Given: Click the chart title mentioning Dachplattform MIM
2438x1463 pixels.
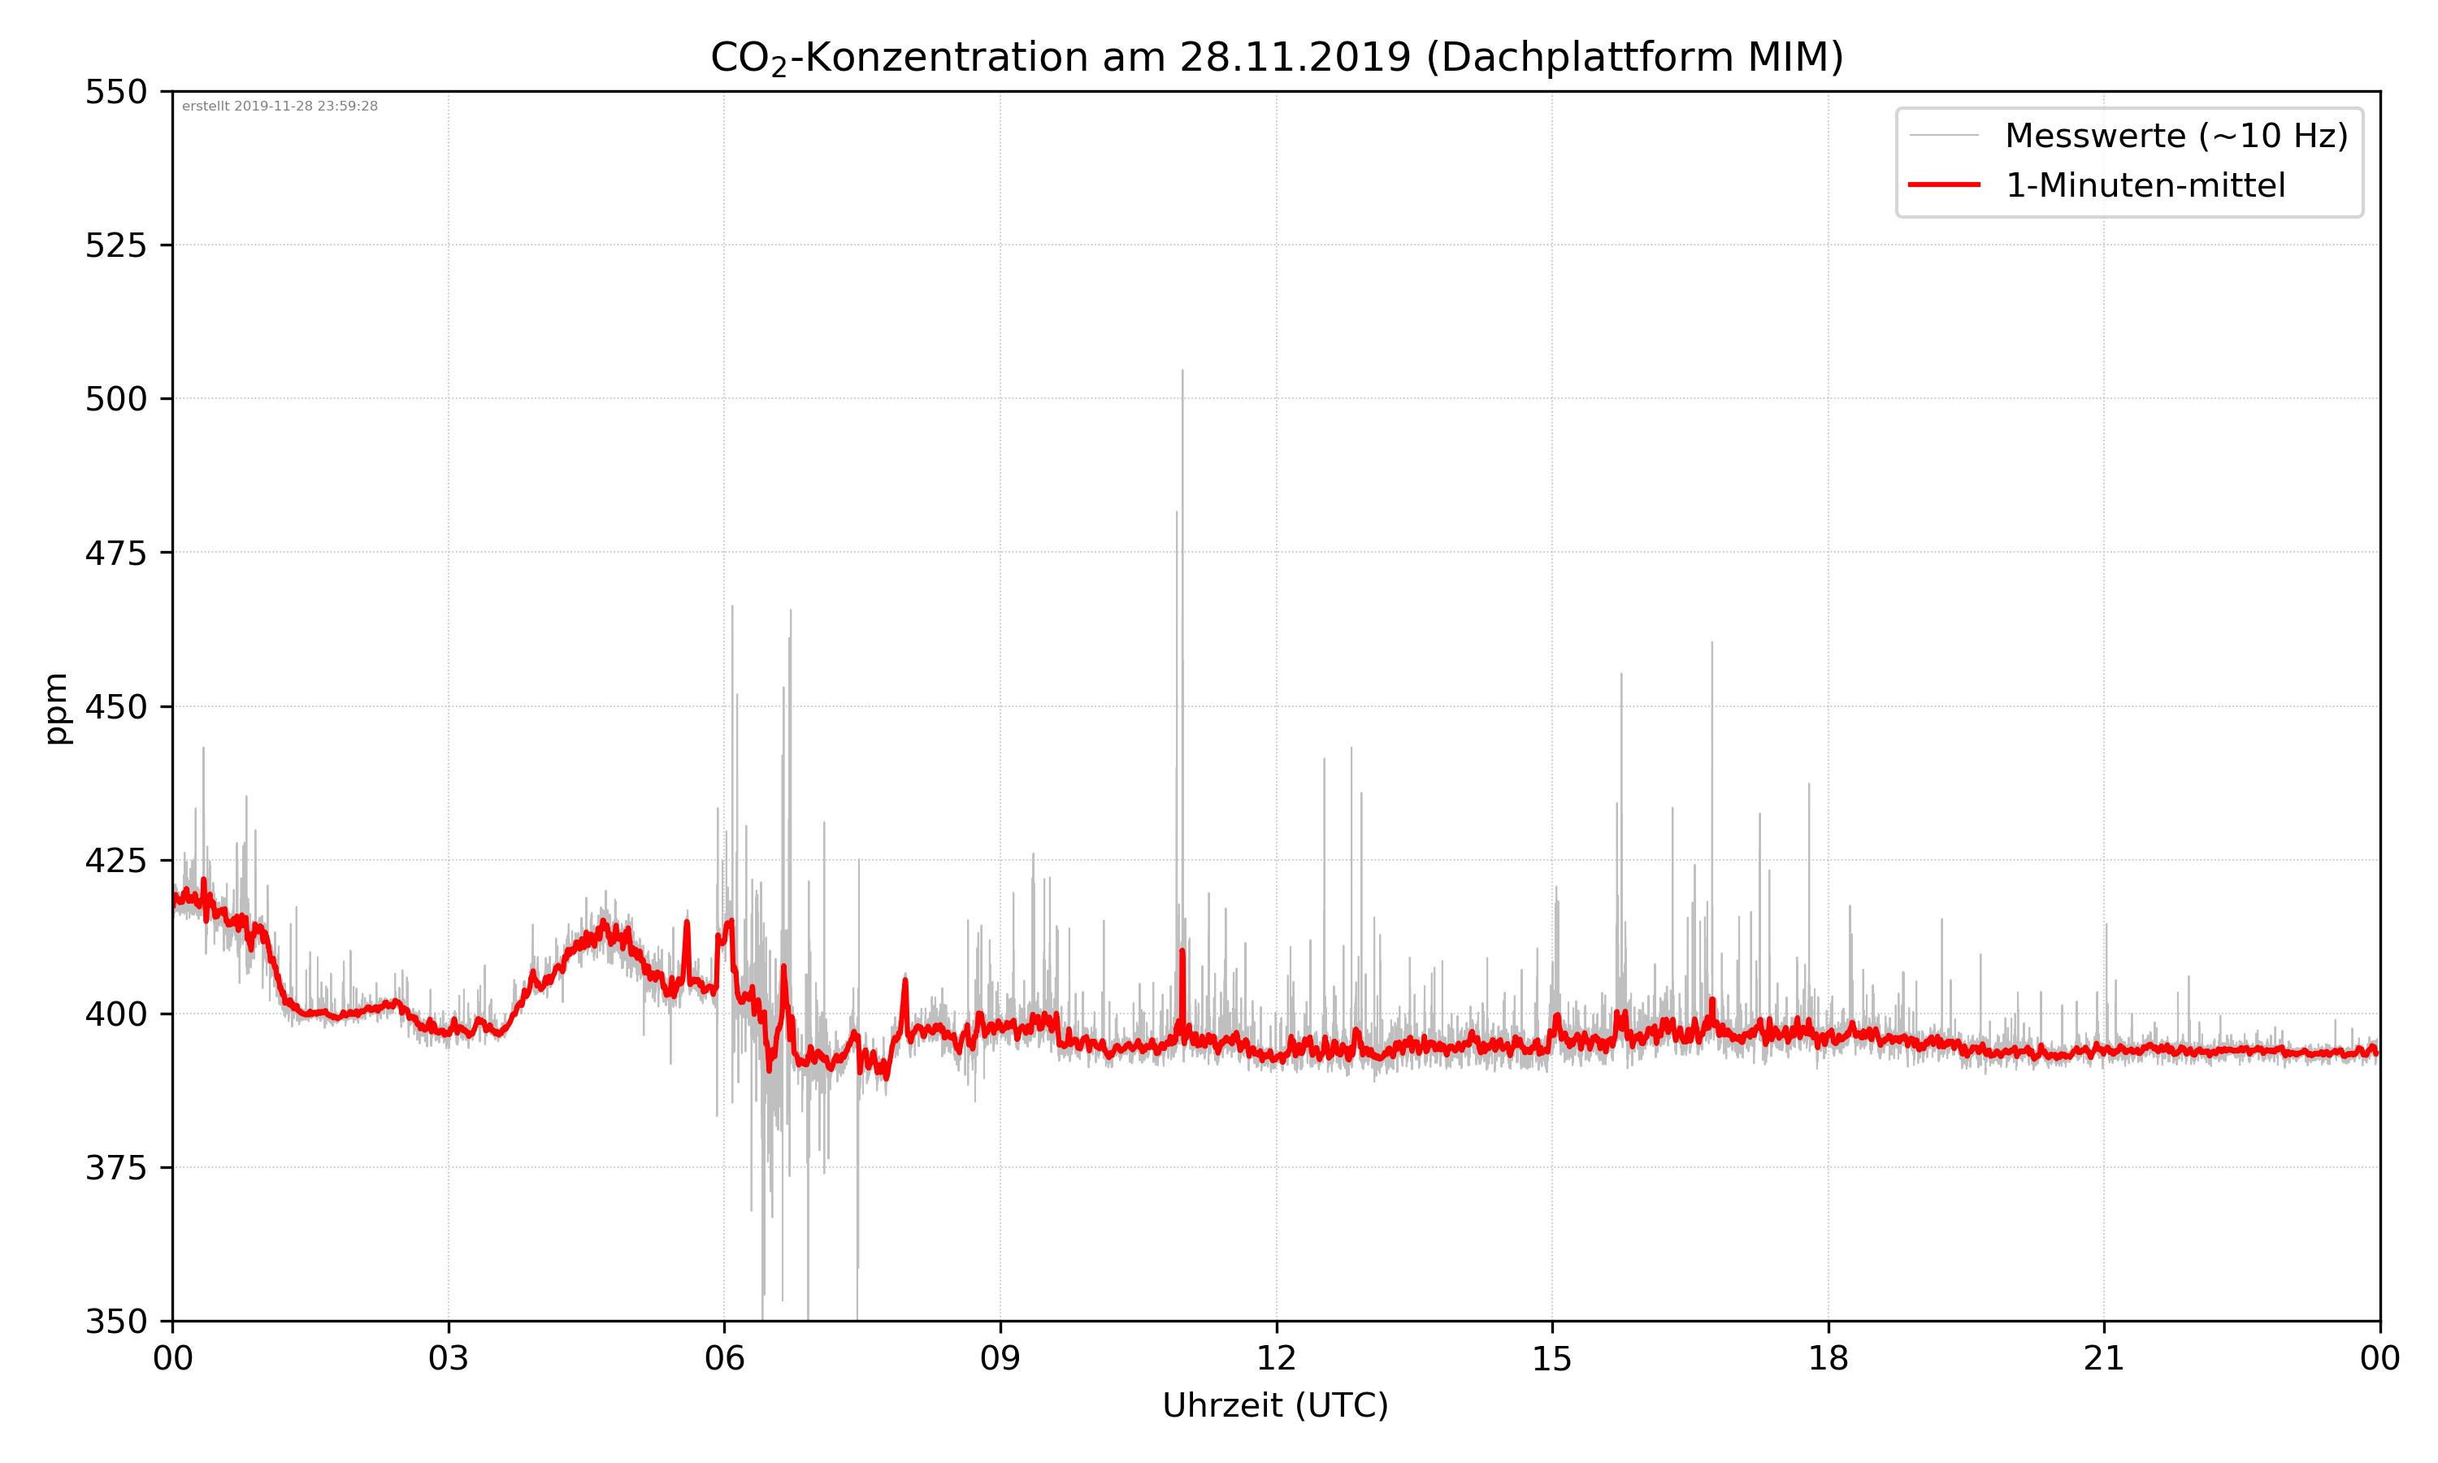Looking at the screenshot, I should tap(1276, 57).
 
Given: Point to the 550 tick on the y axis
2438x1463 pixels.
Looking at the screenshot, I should tap(115, 92).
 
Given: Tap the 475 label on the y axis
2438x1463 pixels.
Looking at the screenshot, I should tap(115, 553).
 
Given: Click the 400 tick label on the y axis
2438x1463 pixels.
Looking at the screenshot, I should tap(115, 1014).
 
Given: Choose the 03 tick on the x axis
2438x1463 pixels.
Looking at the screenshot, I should tap(449, 1358).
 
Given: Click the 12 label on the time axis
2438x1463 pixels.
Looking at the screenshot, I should tap(1276, 1358).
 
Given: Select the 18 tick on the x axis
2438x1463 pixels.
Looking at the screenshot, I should tap(1828, 1358).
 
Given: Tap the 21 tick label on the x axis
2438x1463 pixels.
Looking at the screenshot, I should tap(2104, 1358).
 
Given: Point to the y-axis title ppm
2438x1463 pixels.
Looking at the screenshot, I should tap(56, 708).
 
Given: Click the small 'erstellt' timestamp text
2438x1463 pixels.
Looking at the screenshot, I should tap(280, 106).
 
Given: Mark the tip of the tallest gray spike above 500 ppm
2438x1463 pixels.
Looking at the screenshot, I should tap(1182, 371).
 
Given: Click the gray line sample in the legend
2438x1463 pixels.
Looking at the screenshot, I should tap(1943, 135).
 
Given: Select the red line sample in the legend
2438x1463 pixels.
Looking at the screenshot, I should tap(1943, 185).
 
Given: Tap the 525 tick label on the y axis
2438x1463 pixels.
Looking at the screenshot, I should tap(115, 245).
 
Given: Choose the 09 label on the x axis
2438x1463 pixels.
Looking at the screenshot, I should tap(1000, 1358).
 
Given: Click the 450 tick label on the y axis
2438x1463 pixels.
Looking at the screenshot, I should tap(115, 707).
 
